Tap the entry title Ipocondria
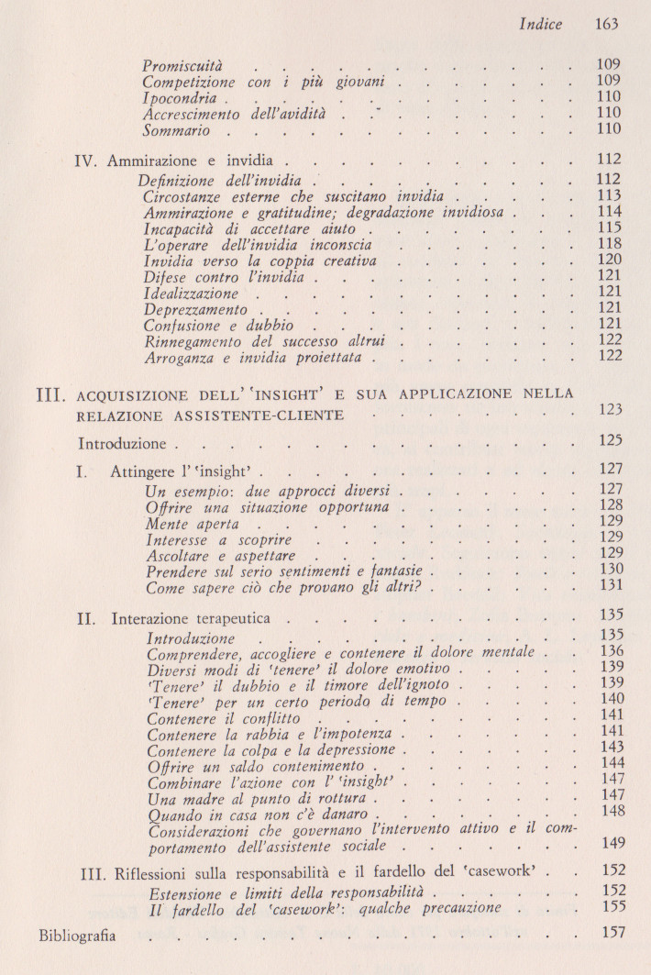point(180,98)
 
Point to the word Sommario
point(177,130)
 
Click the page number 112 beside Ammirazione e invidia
point(609,160)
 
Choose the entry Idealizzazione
point(191,294)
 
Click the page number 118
point(609,244)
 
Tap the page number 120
point(609,260)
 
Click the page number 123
point(609,409)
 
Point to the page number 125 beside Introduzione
point(609,441)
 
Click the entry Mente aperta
point(192,524)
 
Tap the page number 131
point(609,585)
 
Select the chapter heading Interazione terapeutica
point(202,619)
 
